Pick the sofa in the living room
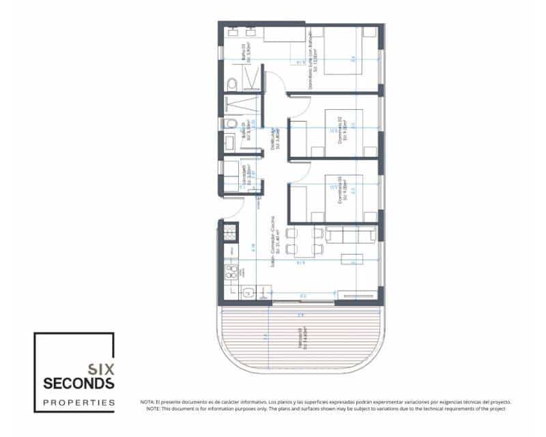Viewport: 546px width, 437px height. tap(350, 236)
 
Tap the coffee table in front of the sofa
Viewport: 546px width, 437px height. tap(352, 257)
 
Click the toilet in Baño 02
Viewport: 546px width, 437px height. tap(231, 124)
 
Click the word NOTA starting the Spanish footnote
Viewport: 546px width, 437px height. tap(149, 402)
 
